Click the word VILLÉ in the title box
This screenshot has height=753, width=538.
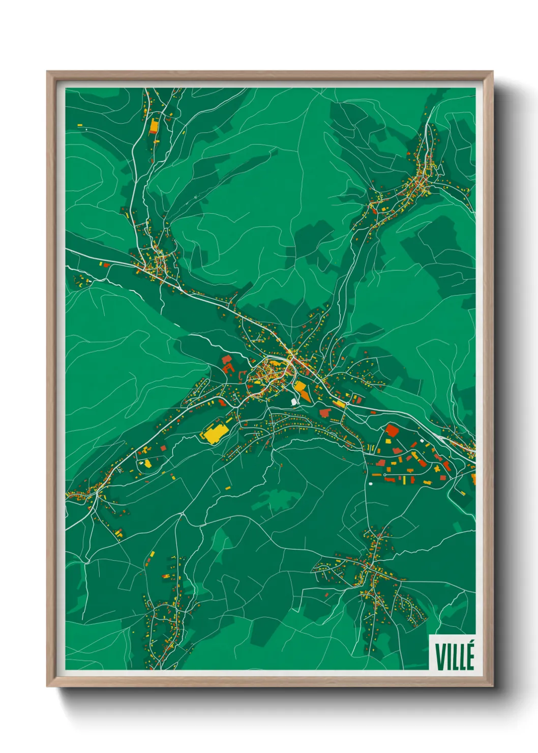tap(454, 656)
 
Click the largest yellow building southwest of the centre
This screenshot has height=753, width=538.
tap(215, 433)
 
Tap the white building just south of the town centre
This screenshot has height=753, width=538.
tap(294, 402)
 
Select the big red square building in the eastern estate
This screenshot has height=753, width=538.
tap(391, 430)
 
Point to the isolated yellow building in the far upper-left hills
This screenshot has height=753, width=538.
tap(80, 125)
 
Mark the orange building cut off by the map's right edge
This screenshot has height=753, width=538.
tap(473, 478)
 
